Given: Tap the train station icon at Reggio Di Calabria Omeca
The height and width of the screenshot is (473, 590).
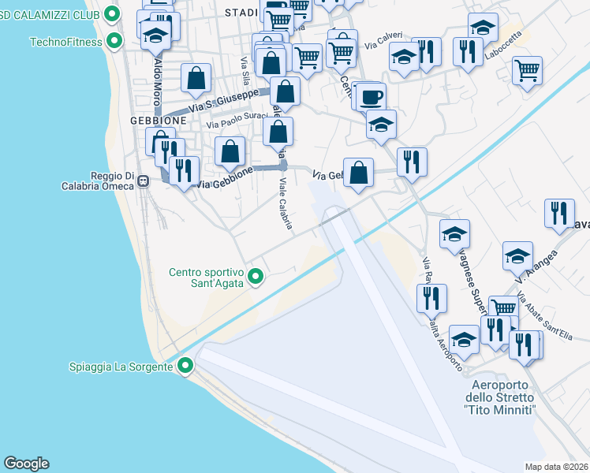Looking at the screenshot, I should pyautogui.click(x=144, y=181).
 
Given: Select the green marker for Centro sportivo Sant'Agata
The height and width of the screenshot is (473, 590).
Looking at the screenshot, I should pyautogui.click(x=255, y=276).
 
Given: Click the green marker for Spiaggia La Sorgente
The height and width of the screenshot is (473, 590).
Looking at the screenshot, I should pyautogui.click(x=185, y=366).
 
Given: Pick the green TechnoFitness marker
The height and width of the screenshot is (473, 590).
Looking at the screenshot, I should pyautogui.click(x=115, y=41).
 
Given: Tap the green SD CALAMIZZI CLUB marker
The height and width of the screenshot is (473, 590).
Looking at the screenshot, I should pyautogui.click(x=112, y=13).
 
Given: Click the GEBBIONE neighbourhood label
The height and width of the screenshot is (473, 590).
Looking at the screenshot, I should pyautogui.click(x=159, y=121).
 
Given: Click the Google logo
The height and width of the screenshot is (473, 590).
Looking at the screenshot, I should pyautogui.click(x=26, y=464).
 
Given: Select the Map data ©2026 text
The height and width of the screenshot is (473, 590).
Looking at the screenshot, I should pyautogui.click(x=556, y=467).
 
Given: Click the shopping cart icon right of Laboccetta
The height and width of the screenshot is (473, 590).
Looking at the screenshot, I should pyautogui.click(x=527, y=69).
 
